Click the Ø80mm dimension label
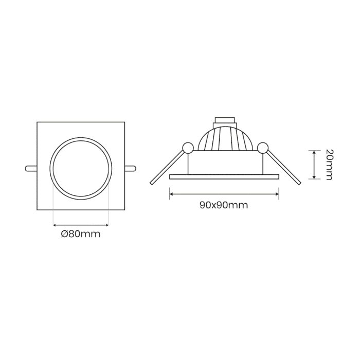[81, 234]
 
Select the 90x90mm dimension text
[224, 205]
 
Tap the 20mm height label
[329, 165]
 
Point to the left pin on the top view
[31, 168]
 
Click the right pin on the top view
[131, 168]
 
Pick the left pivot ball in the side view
[188, 148]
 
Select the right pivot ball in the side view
[263, 148]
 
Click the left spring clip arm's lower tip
[151, 183]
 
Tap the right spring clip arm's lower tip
[299, 183]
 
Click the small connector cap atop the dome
[225, 122]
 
